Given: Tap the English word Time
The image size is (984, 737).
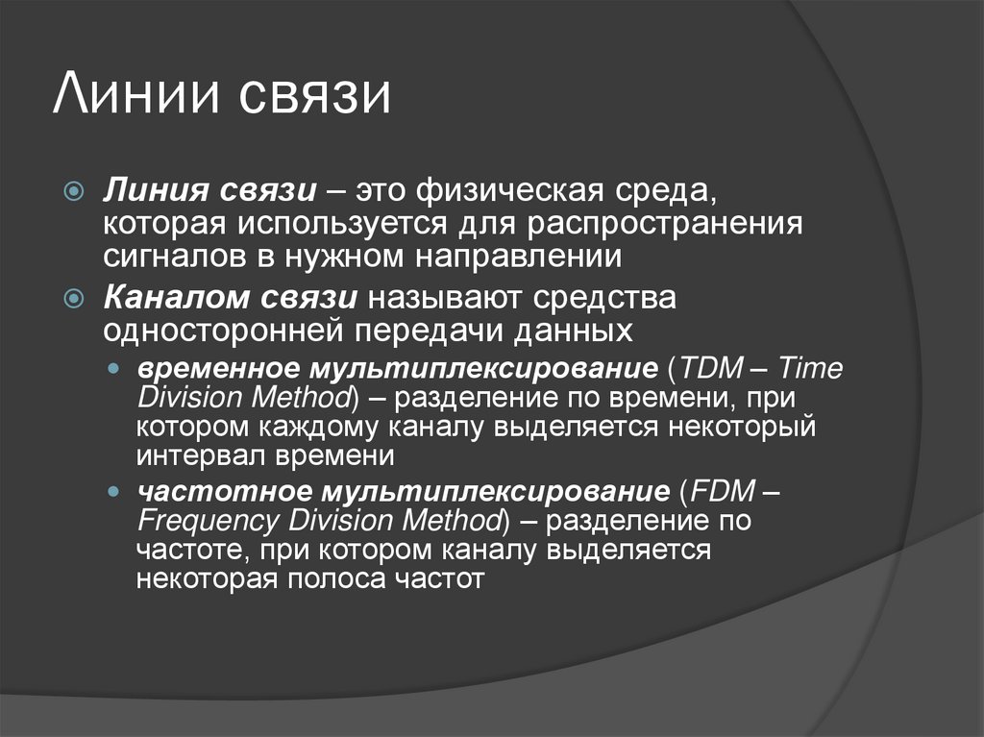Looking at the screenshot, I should click(x=810, y=370).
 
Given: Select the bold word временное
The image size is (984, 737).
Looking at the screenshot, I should click(x=217, y=370).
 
